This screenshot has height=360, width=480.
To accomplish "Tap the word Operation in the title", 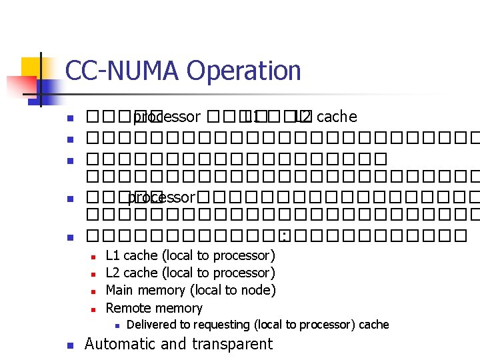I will click(x=244, y=71).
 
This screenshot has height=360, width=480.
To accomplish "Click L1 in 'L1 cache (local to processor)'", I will click(x=113, y=255).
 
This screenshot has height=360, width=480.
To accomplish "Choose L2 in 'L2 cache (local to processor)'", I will click(x=113, y=273).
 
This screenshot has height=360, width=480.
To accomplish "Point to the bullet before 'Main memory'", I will click(x=93, y=291).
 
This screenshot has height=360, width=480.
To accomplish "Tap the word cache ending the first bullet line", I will click(x=337, y=117).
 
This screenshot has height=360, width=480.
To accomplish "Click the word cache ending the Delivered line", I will click(x=373, y=325).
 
